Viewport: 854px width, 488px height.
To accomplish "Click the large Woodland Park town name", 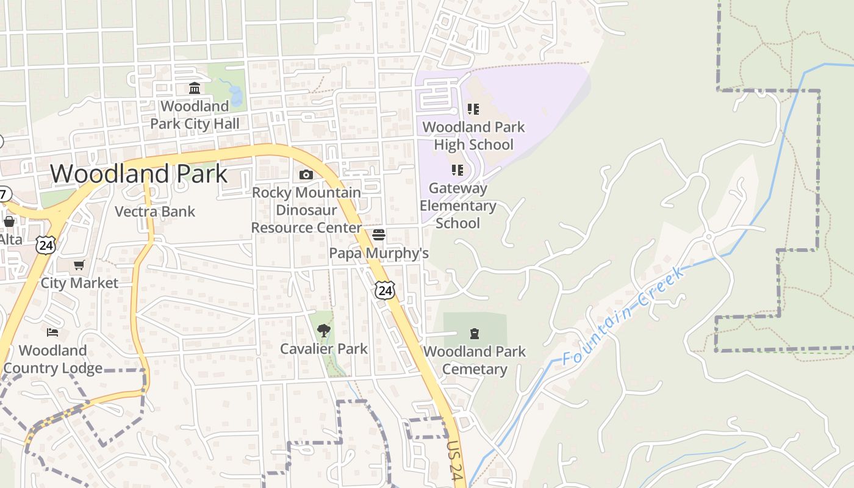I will pyautogui.click(x=138, y=174).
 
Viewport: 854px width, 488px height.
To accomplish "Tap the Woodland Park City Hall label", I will pyautogui.click(x=195, y=115).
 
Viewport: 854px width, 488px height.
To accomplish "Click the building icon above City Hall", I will pyautogui.click(x=195, y=88).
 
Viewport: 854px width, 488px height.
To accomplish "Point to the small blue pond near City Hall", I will pyautogui.click(x=235, y=95).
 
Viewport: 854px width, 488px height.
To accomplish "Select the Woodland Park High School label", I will pyautogui.click(x=473, y=136).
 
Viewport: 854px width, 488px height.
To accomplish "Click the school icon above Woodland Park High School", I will pyautogui.click(x=473, y=109).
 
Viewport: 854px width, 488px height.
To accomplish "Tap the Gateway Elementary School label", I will pyautogui.click(x=457, y=206).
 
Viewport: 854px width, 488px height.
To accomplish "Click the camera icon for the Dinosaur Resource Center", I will pyautogui.click(x=306, y=175).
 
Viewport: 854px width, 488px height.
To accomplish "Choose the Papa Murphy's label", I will pyautogui.click(x=379, y=253).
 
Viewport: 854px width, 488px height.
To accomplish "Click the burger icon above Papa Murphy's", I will pyautogui.click(x=379, y=235).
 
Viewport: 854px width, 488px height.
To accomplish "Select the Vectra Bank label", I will pyautogui.click(x=155, y=212).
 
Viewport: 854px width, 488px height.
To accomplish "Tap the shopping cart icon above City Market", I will pyautogui.click(x=79, y=265).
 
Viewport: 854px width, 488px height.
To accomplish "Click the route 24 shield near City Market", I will pyautogui.click(x=45, y=245).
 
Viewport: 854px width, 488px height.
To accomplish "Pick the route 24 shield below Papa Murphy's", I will pyautogui.click(x=384, y=290).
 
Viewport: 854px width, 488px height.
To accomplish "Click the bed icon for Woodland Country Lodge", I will pyautogui.click(x=53, y=332).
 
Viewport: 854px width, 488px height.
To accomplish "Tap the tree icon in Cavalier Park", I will pyautogui.click(x=323, y=331).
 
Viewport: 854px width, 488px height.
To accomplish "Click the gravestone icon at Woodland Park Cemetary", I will pyautogui.click(x=475, y=334).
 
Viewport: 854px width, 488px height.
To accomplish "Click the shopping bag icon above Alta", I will pyautogui.click(x=9, y=221).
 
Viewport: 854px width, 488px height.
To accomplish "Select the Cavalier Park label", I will pyautogui.click(x=323, y=349).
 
